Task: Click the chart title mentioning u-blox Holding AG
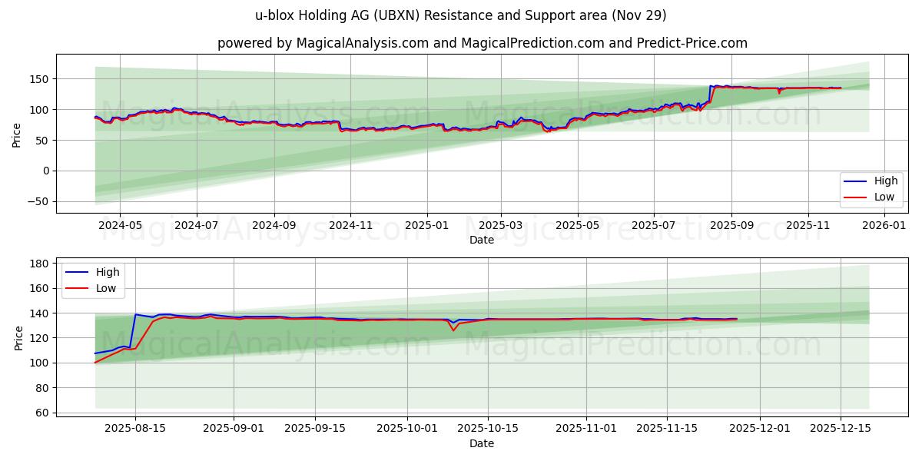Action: pyautogui.click(x=461, y=15)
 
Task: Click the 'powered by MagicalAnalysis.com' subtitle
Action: pyautogui.click(x=482, y=43)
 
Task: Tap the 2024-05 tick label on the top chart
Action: pyautogui.click(x=120, y=226)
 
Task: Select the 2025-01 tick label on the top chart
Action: pyautogui.click(x=426, y=226)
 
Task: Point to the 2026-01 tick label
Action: pyautogui.click(x=884, y=226)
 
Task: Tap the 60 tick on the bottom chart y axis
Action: pyautogui.click(x=41, y=413)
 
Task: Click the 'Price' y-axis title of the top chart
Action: pyautogui.click(x=17, y=134)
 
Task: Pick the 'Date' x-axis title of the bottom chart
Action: pyautogui.click(x=482, y=443)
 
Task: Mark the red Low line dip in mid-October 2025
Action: pyautogui.click(x=453, y=330)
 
